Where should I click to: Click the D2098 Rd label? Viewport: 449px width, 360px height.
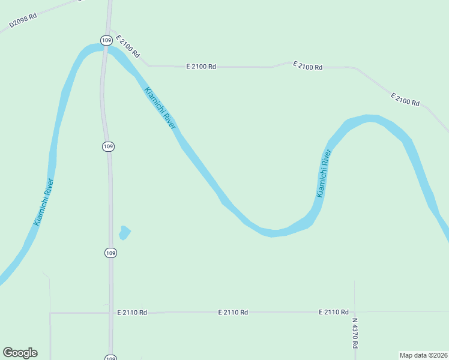[x=23, y=20]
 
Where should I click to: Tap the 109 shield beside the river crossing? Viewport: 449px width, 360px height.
[x=106, y=40]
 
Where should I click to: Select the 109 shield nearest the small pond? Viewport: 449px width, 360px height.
[x=109, y=253]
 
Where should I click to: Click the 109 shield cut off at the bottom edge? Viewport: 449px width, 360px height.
[x=110, y=358]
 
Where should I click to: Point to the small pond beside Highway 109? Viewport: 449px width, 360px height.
[x=125, y=232]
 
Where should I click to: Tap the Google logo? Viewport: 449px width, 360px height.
[x=20, y=353]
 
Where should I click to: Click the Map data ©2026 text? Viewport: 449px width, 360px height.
[x=423, y=355]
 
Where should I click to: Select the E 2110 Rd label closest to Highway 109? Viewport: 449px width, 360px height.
[x=132, y=313]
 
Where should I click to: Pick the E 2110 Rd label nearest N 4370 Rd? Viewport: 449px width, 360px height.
[x=334, y=312]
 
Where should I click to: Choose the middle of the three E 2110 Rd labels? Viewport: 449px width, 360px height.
[x=233, y=313]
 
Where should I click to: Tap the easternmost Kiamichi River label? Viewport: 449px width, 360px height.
[x=324, y=173]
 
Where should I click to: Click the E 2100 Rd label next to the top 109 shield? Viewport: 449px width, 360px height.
[x=128, y=47]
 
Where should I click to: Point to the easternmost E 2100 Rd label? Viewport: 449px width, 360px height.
[x=405, y=100]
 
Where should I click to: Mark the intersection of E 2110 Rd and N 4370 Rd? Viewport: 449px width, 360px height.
[x=354, y=312]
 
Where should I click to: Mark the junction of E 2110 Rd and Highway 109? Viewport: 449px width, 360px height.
[x=110, y=313]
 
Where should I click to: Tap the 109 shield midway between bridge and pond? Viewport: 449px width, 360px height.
[x=108, y=146]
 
